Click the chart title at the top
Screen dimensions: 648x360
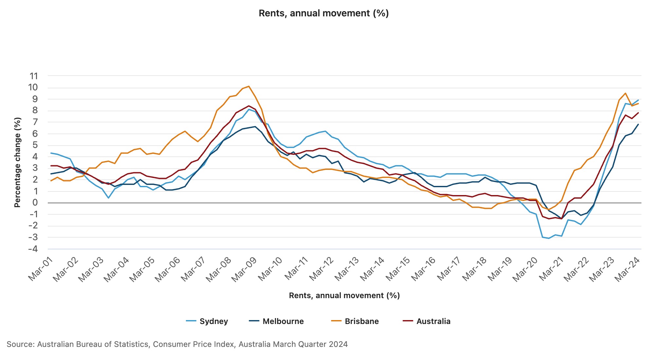point(324,13)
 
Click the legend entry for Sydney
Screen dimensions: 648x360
point(207,321)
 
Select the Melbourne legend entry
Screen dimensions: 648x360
point(276,321)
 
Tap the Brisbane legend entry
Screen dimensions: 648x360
point(355,321)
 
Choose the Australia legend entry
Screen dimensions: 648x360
point(426,321)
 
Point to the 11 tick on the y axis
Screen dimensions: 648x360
point(34,76)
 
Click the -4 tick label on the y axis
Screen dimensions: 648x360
point(33,249)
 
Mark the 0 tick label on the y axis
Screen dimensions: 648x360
point(35,203)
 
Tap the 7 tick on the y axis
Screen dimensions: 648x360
point(35,122)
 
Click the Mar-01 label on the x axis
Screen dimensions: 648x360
point(41,269)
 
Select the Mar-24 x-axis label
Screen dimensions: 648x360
point(627,269)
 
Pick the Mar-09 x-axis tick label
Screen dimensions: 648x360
point(244,269)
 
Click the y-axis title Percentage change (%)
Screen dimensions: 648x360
point(17,162)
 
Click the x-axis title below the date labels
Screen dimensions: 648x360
point(344,296)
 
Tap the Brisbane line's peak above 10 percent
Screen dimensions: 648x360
point(249,86)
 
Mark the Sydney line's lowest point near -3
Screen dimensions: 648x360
point(549,238)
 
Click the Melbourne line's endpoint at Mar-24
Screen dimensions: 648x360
point(638,124)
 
